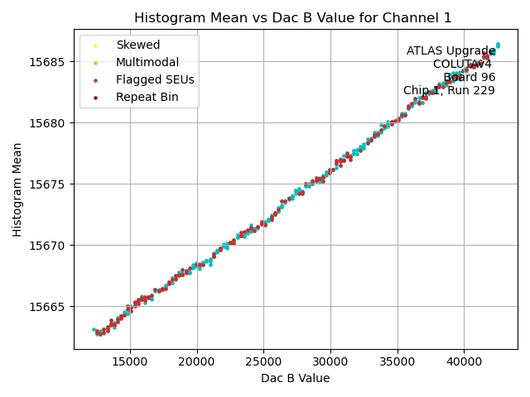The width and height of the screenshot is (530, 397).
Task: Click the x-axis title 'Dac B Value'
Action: click(x=295, y=379)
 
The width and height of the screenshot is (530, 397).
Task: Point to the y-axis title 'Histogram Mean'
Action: click(x=17, y=189)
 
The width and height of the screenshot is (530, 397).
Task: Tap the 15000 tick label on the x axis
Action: click(x=129, y=361)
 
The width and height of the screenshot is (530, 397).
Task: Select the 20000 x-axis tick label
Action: click(x=196, y=361)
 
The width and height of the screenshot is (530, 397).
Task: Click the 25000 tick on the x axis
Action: click(x=263, y=361)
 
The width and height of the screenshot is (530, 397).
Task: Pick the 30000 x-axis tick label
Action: click(x=330, y=361)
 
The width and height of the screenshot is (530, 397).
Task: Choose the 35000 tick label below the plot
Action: click(x=397, y=361)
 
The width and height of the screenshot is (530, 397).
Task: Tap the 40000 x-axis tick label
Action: click(x=464, y=361)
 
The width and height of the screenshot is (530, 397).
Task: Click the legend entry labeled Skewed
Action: click(x=137, y=45)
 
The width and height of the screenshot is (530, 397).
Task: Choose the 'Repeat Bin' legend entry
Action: click(x=147, y=97)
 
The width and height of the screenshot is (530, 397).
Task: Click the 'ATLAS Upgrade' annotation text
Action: click(x=450, y=51)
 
